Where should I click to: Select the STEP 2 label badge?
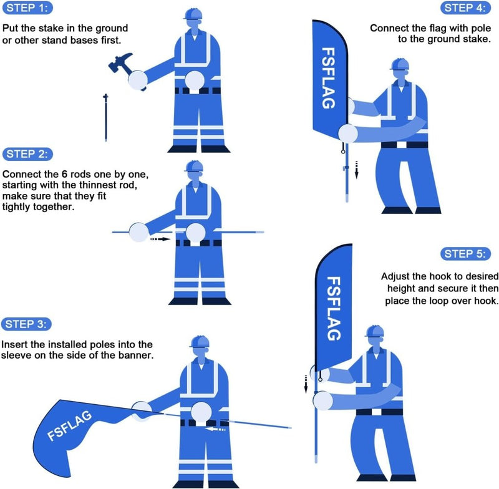[x=28, y=154]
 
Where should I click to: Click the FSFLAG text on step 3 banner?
[x=70, y=426]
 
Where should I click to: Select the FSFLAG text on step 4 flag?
[x=328, y=76]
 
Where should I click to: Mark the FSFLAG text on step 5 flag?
[x=334, y=309]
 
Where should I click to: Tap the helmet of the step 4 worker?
[x=399, y=65]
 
